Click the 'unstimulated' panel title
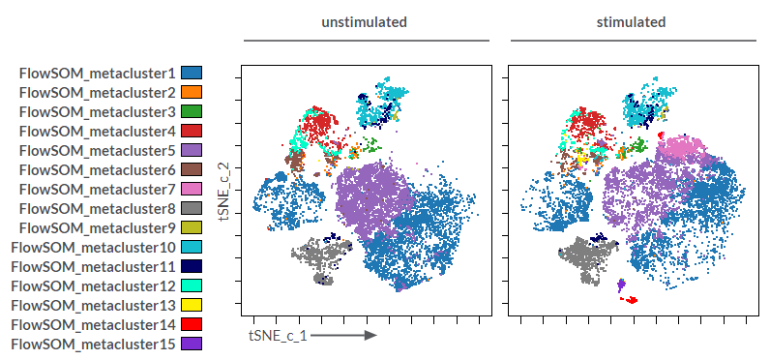[x=364, y=21]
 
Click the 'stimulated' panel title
[x=631, y=21]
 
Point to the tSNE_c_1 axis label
[x=278, y=336]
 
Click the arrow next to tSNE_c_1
[x=343, y=336]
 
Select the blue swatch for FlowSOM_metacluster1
[x=192, y=73]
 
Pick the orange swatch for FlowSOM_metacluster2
[x=192, y=92]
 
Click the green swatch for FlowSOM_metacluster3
[x=192, y=111]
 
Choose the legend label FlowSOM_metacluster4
[x=97, y=131]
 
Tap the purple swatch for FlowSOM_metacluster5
[x=192, y=150]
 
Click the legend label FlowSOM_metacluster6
[x=97, y=169]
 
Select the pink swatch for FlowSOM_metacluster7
[x=192, y=189]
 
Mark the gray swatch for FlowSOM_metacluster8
[x=192, y=208]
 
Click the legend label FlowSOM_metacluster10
[x=93, y=247]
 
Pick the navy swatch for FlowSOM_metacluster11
[x=192, y=266]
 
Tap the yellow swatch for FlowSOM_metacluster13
[x=192, y=305]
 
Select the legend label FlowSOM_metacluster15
[x=93, y=344]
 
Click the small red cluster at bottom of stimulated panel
[x=631, y=300]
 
